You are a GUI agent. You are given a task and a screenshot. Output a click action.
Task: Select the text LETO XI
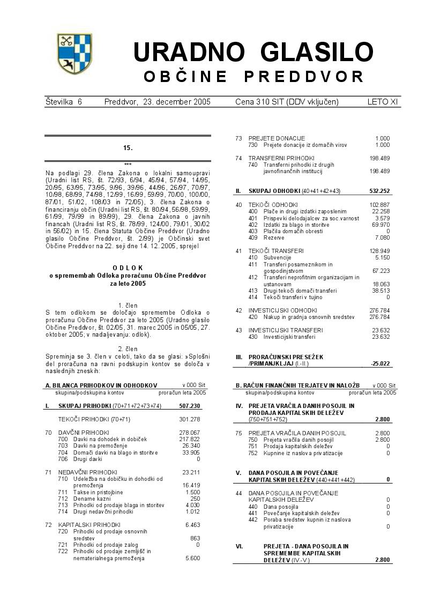[383, 101]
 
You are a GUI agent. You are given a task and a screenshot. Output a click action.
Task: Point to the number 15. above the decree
[128, 147]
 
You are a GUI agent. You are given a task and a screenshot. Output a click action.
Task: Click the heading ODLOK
[128, 267]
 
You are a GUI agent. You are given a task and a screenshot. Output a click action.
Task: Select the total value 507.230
[189, 406]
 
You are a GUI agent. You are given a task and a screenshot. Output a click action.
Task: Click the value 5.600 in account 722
[192, 558]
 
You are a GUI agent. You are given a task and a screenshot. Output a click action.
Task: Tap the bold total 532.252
[379, 191]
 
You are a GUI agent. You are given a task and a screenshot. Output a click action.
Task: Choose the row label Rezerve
[274, 237]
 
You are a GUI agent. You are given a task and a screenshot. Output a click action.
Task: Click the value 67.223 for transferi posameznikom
[381, 271]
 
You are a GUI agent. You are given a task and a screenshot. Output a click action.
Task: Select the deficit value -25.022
[380, 363]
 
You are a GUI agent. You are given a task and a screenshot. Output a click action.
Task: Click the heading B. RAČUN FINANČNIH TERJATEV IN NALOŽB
[297, 385]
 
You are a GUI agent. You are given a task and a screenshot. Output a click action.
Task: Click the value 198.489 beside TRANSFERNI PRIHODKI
[379, 158]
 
